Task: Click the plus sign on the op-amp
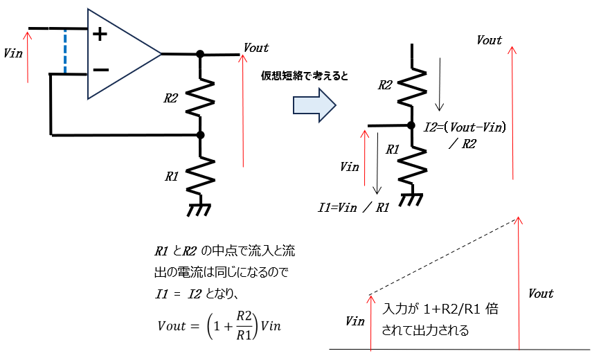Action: tap(100, 33)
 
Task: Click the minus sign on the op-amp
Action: tap(100, 70)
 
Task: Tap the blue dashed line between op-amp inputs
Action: tap(65, 51)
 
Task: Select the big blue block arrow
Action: tap(314, 104)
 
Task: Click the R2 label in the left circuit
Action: tap(171, 98)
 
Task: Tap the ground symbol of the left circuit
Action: tap(200, 208)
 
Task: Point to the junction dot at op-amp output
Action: tap(200, 54)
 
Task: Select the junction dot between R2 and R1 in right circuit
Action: tap(412, 125)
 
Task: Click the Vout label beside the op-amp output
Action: tap(255, 48)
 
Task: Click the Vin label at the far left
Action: tap(13, 53)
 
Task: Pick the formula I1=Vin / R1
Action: tap(352, 207)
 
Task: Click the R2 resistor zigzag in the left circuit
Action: tap(200, 97)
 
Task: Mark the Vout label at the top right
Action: tap(489, 40)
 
